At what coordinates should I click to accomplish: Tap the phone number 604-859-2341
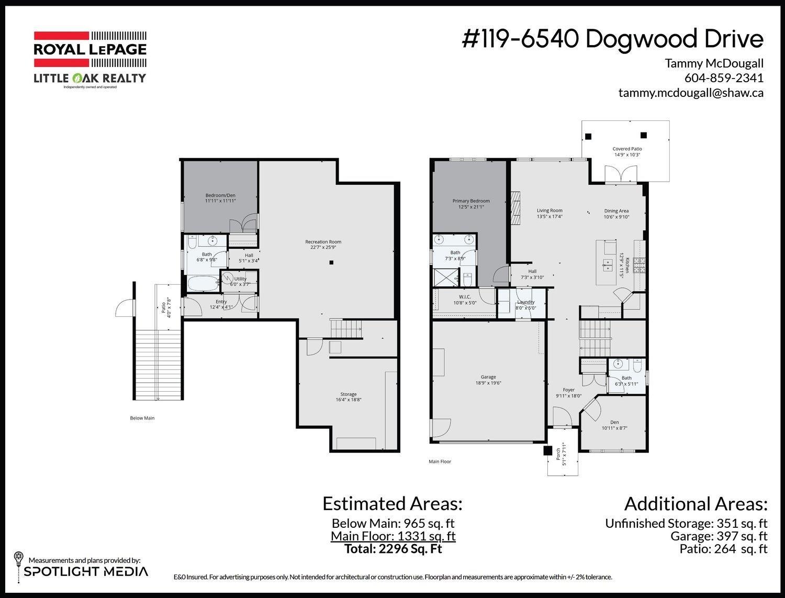click(x=723, y=78)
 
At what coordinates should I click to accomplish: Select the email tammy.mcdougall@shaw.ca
click(x=690, y=93)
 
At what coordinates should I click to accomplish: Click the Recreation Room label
click(x=323, y=242)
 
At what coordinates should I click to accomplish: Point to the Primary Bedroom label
click(x=471, y=201)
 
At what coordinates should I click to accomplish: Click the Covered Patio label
click(x=627, y=149)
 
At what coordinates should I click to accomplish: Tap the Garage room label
click(x=488, y=377)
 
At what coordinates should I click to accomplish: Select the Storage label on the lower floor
click(x=348, y=394)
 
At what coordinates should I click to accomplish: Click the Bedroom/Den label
click(x=220, y=195)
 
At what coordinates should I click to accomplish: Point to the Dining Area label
click(x=616, y=211)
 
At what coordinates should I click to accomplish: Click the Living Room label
click(x=549, y=211)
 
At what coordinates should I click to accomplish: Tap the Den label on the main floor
click(x=614, y=423)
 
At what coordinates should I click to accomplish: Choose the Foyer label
click(x=568, y=390)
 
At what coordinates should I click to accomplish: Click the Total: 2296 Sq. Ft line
click(x=392, y=549)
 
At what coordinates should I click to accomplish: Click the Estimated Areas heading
click(x=392, y=504)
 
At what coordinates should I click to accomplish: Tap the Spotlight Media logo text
click(x=86, y=571)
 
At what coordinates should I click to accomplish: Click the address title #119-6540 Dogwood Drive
click(x=612, y=39)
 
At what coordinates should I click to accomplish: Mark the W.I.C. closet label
click(x=465, y=297)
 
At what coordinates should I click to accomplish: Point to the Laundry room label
click(x=525, y=302)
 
